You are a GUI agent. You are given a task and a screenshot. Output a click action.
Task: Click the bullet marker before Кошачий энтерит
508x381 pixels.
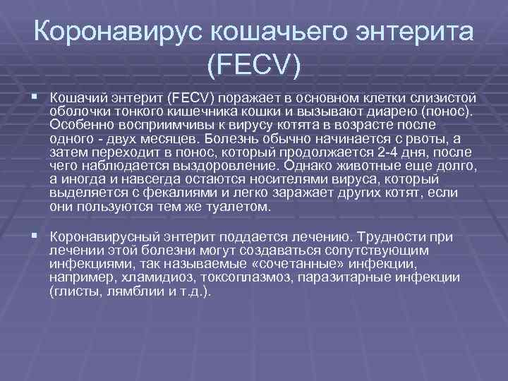pos(35,96)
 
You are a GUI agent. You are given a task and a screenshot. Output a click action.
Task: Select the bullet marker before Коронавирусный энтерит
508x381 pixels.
pos(35,238)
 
